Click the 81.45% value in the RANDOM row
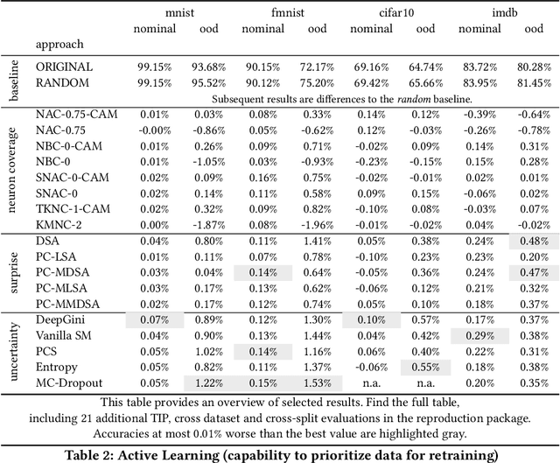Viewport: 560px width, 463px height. click(534, 83)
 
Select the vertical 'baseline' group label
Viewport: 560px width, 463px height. click(13, 75)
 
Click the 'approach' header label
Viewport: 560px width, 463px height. click(59, 44)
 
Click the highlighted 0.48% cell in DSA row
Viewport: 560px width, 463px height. click(534, 241)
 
